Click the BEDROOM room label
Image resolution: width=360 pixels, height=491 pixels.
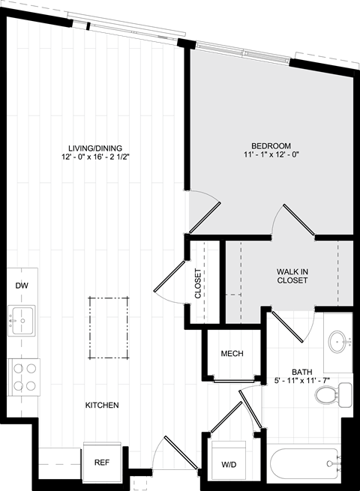click(x=271, y=146)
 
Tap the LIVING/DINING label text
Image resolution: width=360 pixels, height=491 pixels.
click(x=95, y=148)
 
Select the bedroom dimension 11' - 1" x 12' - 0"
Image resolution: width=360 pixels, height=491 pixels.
click(x=271, y=154)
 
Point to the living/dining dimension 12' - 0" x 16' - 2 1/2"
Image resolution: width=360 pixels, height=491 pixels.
click(x=95, y=157)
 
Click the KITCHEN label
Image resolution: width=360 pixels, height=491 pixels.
click(x=102, y=406)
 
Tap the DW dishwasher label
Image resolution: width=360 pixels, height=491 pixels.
click(x=22, y=286)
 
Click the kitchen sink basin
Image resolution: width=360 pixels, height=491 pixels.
click(x=21, y=320)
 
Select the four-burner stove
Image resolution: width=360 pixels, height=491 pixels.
click(x=24, y=377)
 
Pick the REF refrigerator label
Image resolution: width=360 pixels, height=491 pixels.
click(x=102, y=463)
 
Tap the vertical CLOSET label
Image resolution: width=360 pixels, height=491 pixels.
click(x=198, y=283)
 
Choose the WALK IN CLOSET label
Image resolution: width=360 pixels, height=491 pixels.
click(x=292, y=276)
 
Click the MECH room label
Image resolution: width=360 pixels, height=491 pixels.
click(x=232, y=354)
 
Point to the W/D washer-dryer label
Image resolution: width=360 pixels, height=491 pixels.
click(x=229, y=465)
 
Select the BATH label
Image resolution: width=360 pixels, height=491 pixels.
click(x=302, y=372)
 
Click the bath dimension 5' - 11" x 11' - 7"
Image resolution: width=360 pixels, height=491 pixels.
click(x=302, y=381)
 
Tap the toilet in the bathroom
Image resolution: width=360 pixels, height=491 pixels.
click(x=333, y=395)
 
